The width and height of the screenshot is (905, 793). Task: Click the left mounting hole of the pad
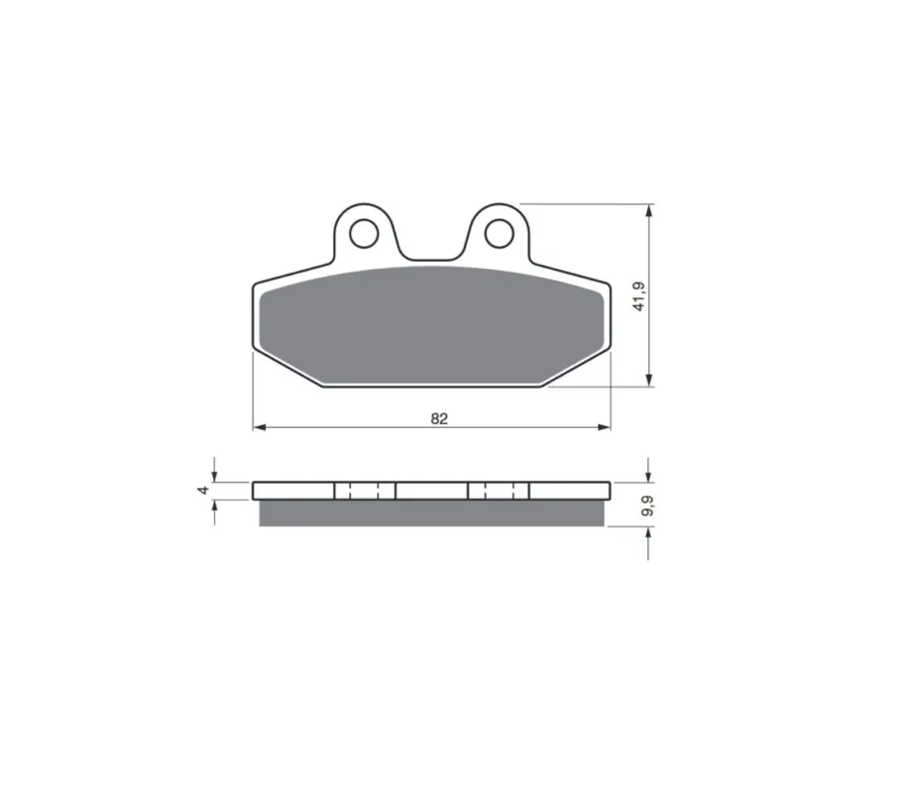(x=364, y=234)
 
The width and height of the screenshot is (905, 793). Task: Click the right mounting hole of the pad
(x=500, y=234)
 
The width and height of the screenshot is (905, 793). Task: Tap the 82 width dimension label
(x=439, y=418)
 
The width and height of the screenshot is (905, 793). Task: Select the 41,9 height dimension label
(x=639, y=296)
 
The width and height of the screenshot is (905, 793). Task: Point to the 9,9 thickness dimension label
(x=647, y=506)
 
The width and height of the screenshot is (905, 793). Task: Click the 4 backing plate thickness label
(x=203, y=490)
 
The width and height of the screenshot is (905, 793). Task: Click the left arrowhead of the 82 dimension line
(x=259, y=427)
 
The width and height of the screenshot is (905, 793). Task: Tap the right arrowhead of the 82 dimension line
(x=605, y=427)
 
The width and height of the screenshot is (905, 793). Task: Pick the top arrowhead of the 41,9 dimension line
(x=649, y=211)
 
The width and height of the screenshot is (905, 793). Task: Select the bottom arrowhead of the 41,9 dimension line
(x=649, y=380)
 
